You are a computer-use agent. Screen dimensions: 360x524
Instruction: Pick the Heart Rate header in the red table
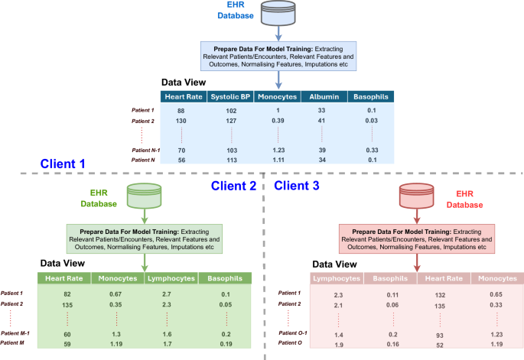click(x=443, y=280)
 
